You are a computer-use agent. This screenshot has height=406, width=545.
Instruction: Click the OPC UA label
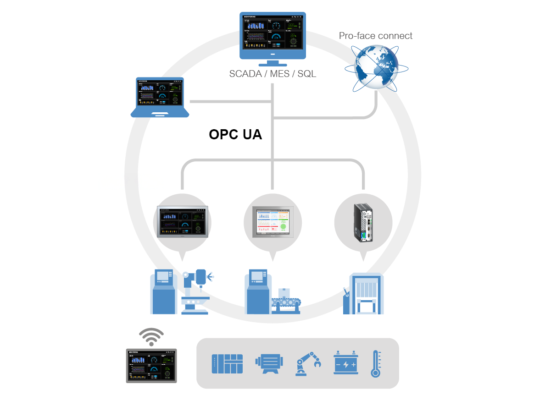235,134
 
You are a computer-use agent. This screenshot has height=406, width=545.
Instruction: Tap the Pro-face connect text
375,36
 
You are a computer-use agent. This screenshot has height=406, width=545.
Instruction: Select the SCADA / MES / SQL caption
272,74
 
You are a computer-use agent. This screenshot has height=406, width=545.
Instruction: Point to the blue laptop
160,97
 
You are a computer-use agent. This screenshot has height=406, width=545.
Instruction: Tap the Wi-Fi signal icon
151,337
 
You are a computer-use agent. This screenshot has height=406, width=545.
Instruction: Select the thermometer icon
376,364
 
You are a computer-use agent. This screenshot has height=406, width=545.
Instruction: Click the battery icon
345,363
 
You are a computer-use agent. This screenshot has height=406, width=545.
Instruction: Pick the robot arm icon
308,364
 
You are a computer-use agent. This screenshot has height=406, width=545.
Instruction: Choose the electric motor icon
268,363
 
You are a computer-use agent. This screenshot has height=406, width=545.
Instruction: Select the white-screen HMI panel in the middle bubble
272,221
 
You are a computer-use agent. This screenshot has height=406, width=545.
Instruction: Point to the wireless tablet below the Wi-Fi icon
151,366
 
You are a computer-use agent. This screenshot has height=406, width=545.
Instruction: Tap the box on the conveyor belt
286,292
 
